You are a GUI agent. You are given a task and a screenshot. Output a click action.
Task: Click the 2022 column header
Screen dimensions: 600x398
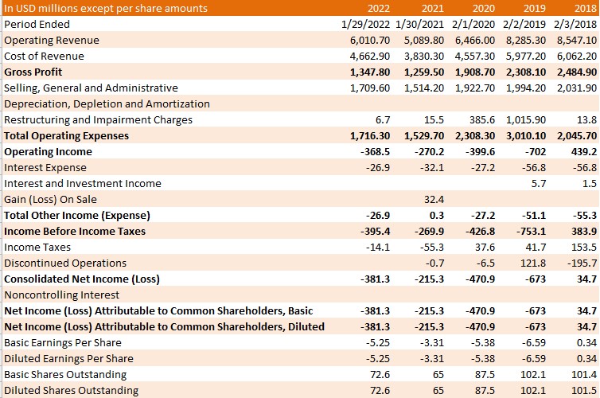click(x=379, y=9)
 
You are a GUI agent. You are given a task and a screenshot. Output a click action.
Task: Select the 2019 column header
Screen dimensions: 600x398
click(x=535, y=9)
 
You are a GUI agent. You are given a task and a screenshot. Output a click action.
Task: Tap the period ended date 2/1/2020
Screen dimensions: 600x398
click(x=473, y=24)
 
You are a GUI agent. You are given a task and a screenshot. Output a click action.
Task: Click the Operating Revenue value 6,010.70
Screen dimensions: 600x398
click(x=370, y=40)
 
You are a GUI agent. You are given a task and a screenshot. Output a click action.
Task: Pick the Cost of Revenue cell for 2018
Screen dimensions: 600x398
click(x=577, y=57)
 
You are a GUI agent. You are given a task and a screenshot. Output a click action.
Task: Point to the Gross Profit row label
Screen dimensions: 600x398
click(x=33, y=72)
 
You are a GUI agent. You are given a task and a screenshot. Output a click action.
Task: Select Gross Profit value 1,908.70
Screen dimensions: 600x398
click(x=475, y=72)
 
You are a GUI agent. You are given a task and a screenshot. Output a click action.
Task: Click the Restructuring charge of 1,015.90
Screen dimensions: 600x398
click(x=526, y=119)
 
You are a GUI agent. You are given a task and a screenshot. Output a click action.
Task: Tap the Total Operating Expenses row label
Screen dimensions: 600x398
click(x=67, y=136)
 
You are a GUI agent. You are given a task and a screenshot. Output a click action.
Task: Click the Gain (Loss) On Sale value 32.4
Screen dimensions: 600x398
click(x=434, y=199)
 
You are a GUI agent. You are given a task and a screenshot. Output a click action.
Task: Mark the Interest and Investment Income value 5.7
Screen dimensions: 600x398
click(x=539, y=184)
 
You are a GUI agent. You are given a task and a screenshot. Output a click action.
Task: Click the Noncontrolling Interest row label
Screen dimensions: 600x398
click(x=61, y=295)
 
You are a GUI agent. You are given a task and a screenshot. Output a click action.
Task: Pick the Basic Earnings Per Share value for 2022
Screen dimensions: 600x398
click(x=378, y=343)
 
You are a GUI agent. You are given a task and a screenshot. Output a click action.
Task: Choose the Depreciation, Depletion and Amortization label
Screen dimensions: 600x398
click(x=107, y=104)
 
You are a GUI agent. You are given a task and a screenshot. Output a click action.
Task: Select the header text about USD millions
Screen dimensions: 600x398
click(x=106, y=9)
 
